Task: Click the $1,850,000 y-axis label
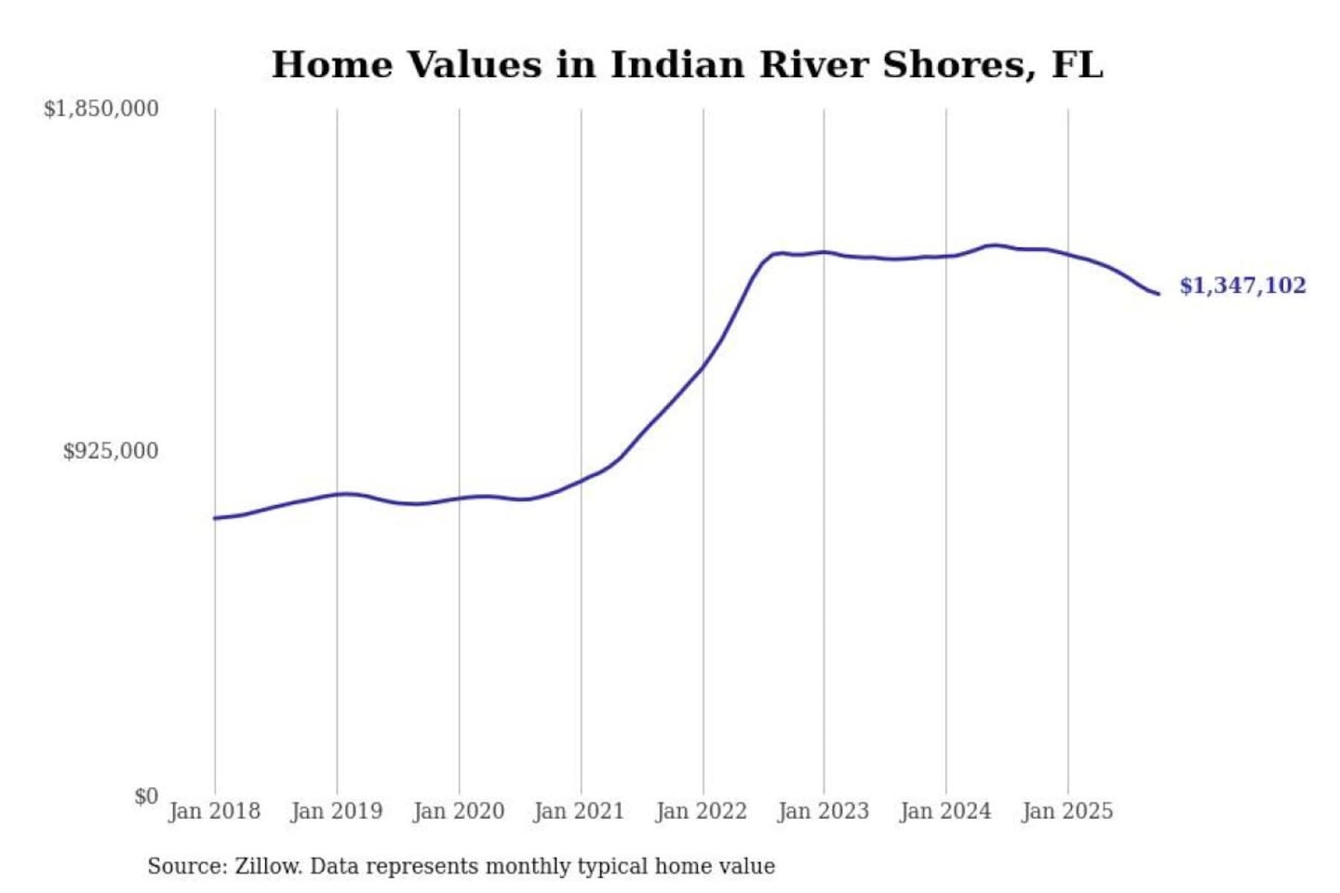click(x=100, y=109)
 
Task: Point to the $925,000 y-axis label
click(x=110, y=451)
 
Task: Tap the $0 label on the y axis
click(x=145, y=796)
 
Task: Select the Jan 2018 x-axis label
click(x=214, y=811)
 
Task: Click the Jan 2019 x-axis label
click(x=336, y=811)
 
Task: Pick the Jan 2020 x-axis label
click(x=458, y=811)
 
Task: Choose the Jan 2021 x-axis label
click(x=579, y=811)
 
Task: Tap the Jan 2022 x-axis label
click(x=702, y=811)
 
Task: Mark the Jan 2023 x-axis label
click(x=823, y=811)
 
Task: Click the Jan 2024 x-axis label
click(x=945, y=811)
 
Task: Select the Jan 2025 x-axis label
click(x=1066, y=811)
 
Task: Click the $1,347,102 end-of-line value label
click(x=1242, y=286)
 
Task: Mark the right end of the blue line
click(x=1158, y=294)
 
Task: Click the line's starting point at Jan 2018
click(x=215, y=518)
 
